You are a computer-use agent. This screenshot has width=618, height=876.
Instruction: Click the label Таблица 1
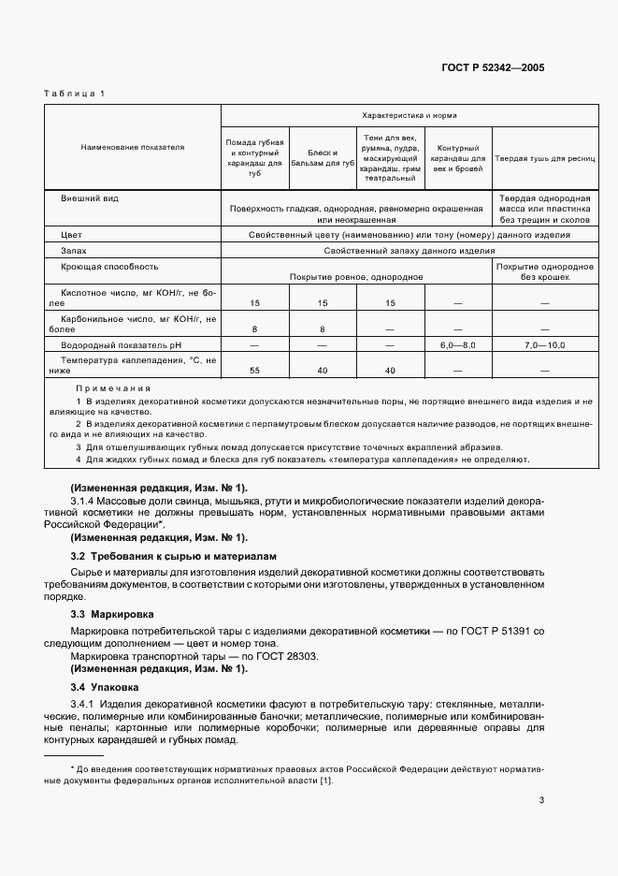75,93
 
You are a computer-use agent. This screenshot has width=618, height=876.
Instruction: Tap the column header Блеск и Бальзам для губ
323,157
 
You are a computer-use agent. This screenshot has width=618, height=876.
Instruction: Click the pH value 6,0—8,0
457,345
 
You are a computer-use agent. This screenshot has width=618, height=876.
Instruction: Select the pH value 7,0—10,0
544,345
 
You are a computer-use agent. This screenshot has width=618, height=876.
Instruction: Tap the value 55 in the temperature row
254,372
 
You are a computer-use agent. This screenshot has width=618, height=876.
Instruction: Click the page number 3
541,799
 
